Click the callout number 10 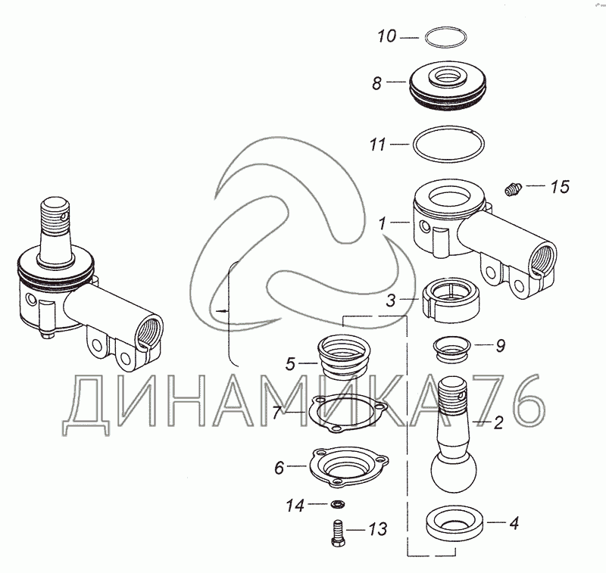[x=387, y=36]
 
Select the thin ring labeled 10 [x=445, y=28]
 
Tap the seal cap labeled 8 [x=448, y=85]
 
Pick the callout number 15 [x=560, y=186]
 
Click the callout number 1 [x=383, y=223]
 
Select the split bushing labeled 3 [x=450, y=299]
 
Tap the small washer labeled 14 [x=338, y=504]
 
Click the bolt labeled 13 [x=338, y=532]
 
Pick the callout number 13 [x=377, y=529]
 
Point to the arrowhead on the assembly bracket [x=220, y=310]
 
